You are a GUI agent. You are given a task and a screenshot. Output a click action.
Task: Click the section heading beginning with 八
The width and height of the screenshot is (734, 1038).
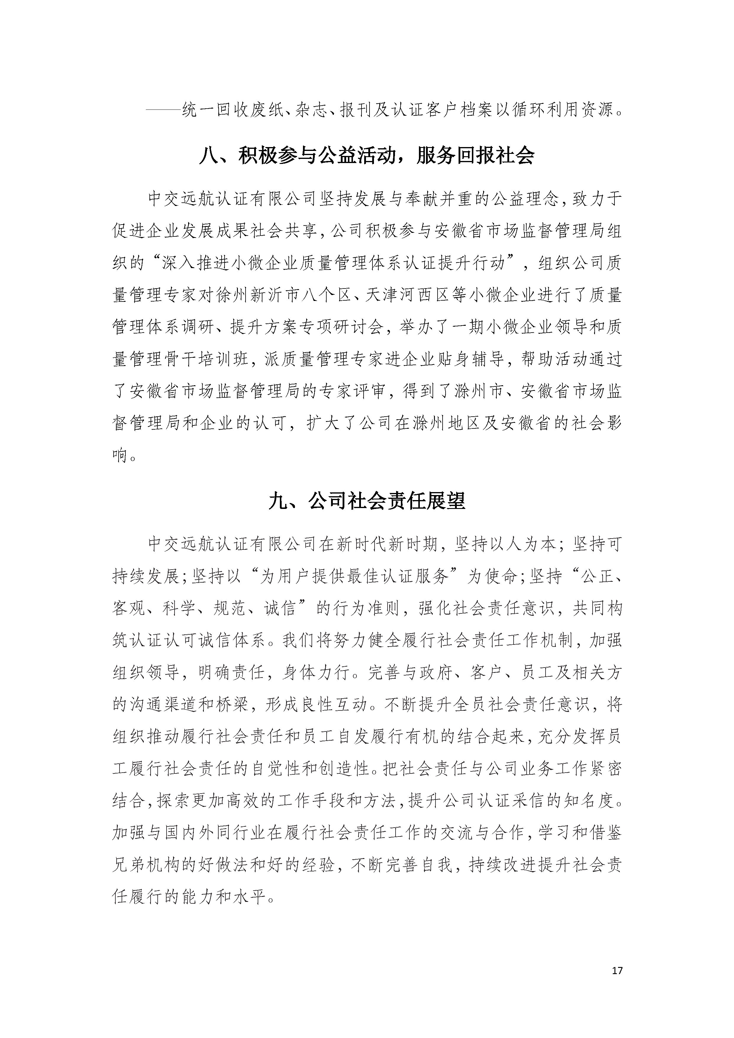tap(367, 156)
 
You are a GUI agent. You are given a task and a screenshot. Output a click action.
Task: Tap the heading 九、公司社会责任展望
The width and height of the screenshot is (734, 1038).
tap(367, 501)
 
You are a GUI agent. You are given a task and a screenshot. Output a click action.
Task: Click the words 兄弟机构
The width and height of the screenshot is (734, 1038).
tap(147, 865)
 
